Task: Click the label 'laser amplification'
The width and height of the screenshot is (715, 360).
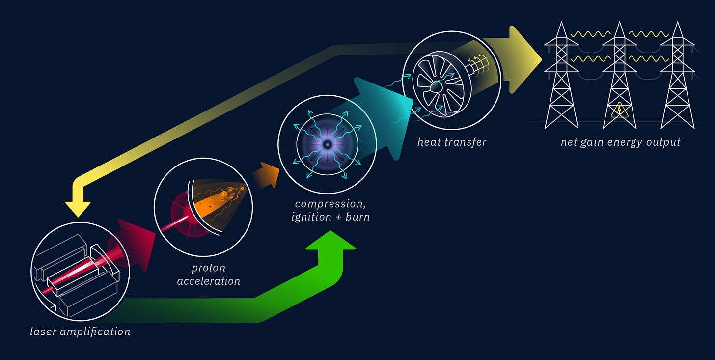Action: click(80, 332)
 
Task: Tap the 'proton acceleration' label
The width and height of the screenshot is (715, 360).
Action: click(208, 275)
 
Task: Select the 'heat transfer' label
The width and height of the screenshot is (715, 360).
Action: click(451, 142)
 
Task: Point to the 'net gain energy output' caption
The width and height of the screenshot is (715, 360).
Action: click(620, 142)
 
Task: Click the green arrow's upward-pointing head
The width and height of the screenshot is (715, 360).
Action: click(330, 243)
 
